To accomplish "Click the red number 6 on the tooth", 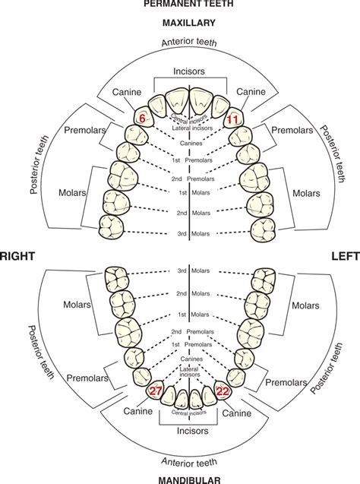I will (x=141, y=119).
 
